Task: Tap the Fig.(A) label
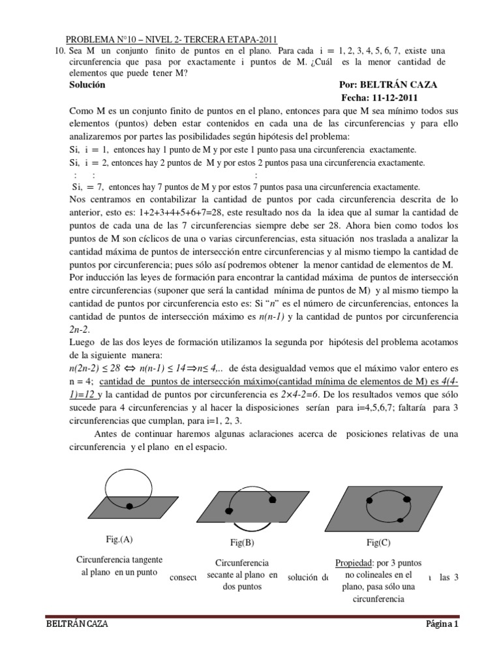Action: pos(119,539)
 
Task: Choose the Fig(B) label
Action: pos(241,542)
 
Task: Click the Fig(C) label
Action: pos(379,542)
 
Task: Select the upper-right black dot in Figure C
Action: pos(407,499)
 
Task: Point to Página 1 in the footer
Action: pos(442,624)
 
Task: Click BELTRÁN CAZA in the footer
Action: pos(76,624)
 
